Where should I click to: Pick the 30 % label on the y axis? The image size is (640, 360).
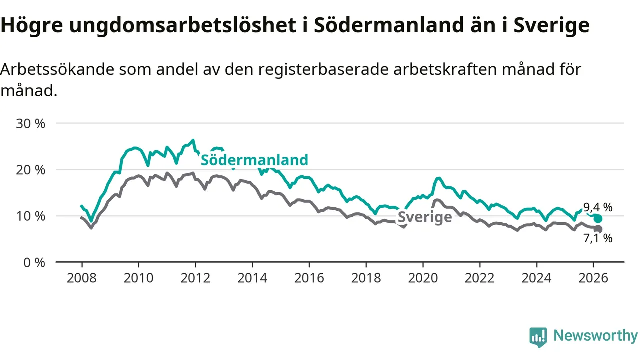coord(30,123)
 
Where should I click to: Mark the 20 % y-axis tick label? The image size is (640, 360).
coord(30,170)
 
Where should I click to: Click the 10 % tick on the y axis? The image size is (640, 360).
coord(30,216)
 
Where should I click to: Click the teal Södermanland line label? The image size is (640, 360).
coord(254,160)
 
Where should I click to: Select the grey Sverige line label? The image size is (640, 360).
coord(425,217)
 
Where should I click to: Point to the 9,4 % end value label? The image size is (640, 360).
coord(598,207)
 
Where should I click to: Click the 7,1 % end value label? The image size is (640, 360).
coord(598,238)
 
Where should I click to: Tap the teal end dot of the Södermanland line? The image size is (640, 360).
coord(598,219)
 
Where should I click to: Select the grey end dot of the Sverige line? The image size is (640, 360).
coord(598,229)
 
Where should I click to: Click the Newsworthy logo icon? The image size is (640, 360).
coord(538,337)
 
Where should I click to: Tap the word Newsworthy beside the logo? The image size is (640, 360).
coord(595,336)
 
